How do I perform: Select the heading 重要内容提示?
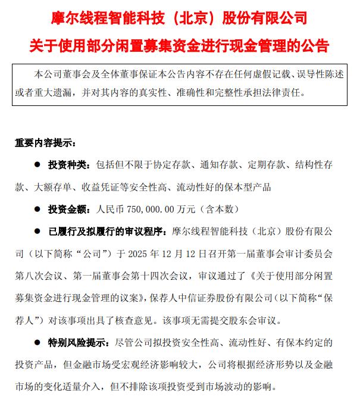45,143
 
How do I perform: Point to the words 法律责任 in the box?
282,93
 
